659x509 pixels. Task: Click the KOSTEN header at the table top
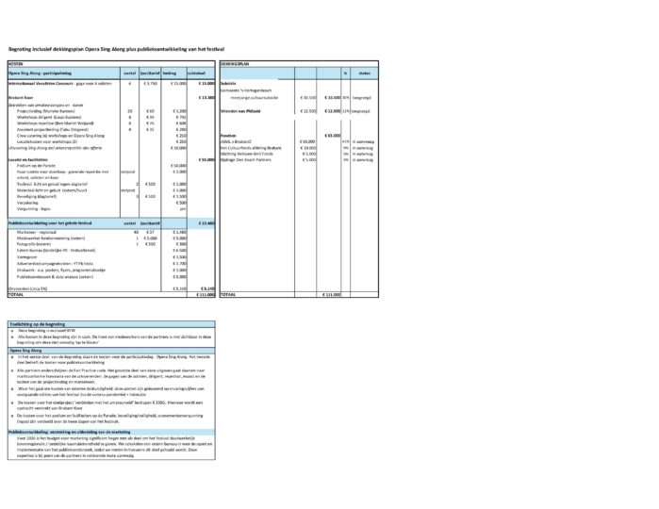pyautogui.click(x=16, y=63)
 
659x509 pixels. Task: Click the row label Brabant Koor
pyautogui.click(x=21, y=97)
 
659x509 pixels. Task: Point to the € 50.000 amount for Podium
pyautogui.click(x=178, y=165)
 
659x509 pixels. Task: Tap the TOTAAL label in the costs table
pyautogui.click(x=16, y=294)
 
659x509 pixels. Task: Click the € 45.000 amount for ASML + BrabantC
pyautogui.click(x=308, y=140)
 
